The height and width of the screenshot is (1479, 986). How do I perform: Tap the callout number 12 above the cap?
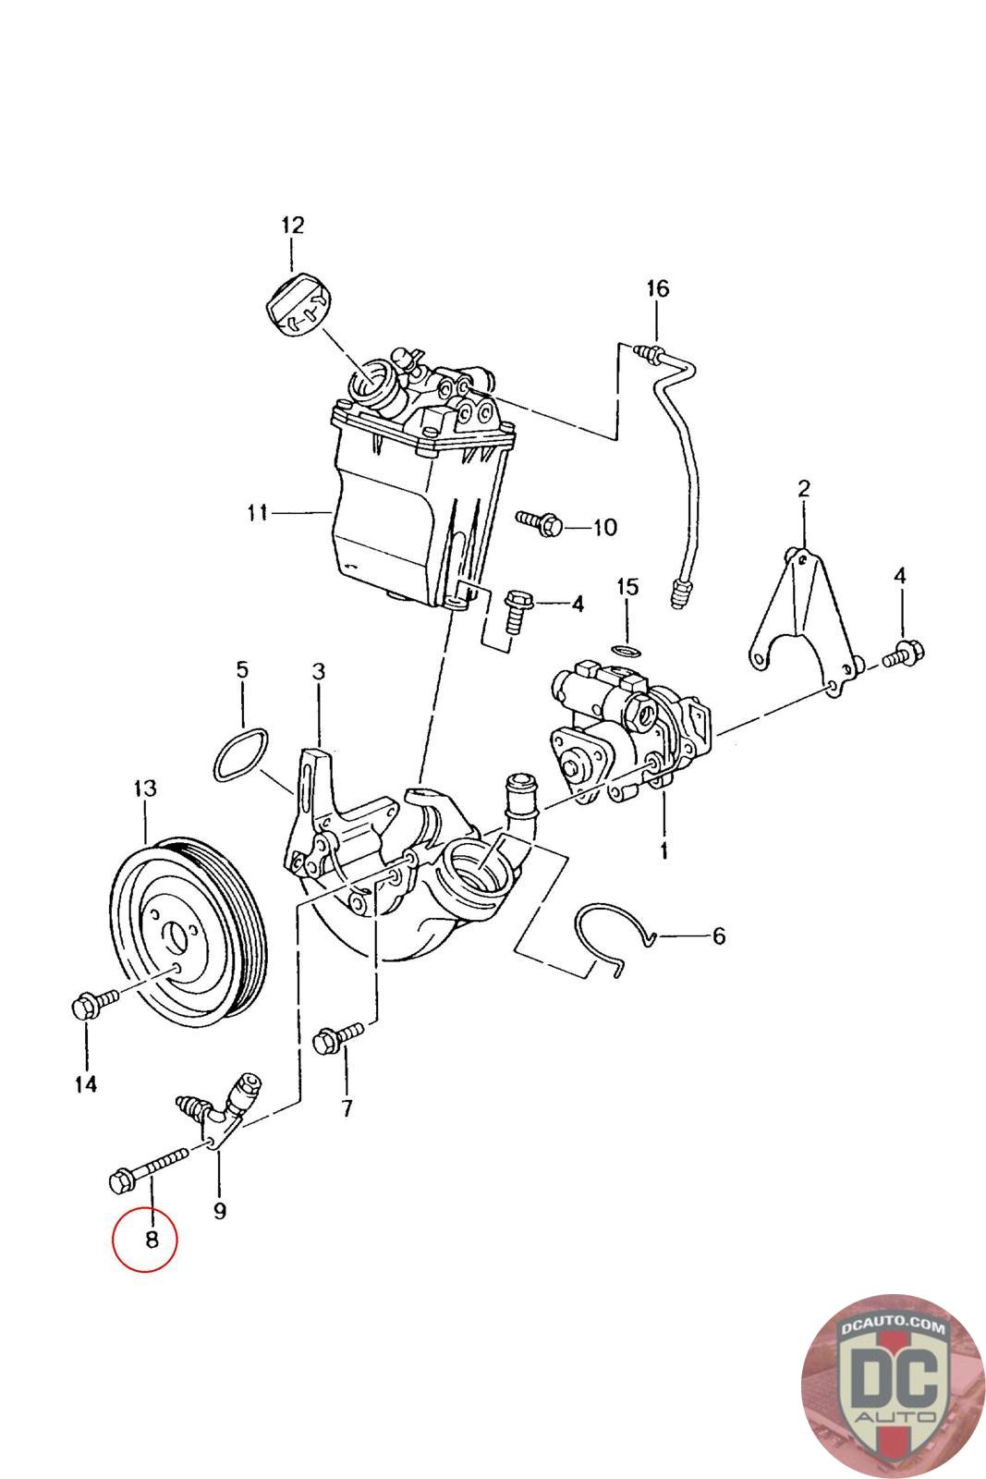[292, 226]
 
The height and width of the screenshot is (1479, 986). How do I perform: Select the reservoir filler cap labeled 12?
[299, 304]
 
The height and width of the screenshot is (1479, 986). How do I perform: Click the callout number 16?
[657, 288]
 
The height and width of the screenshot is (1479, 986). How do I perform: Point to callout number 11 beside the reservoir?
[258, 512]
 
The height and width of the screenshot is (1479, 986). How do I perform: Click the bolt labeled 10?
[540, 523]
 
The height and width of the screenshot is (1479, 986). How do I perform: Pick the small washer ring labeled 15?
[627, 652]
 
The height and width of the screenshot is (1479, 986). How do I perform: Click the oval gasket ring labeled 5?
[241, 754]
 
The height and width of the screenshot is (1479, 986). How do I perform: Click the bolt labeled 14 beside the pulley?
[94, 1003]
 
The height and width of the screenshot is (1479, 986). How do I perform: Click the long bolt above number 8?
[148, 1172]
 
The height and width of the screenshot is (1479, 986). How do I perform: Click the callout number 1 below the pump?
[663, 850]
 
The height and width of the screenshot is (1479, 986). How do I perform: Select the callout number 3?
[319, 671]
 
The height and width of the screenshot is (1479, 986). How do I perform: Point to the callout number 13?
[144, 788]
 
